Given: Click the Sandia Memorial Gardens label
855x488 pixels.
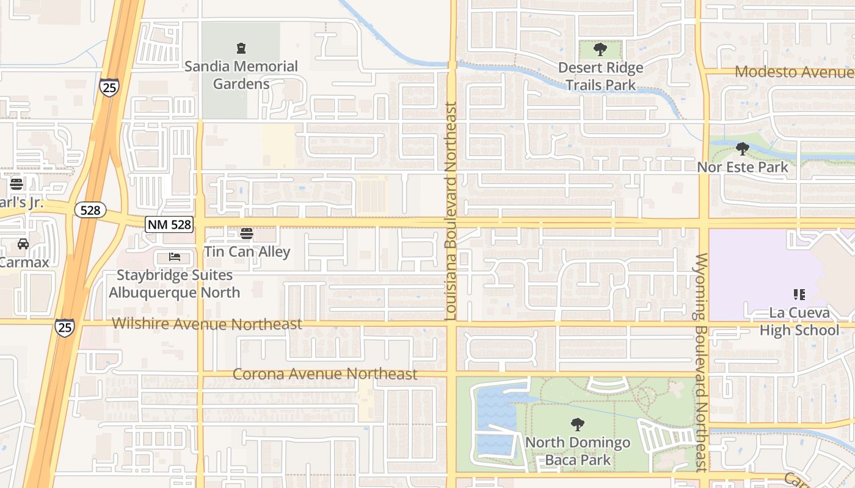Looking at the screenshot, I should (241, 75).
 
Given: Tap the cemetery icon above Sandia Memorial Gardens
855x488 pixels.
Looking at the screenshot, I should (241, 48).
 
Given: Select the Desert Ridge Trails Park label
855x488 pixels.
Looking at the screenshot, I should (600, 76).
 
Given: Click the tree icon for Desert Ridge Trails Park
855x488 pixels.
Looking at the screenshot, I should (600, 49).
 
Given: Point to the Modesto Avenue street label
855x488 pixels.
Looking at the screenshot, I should (794, 72).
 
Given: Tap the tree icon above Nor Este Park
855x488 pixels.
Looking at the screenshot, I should (742, 148).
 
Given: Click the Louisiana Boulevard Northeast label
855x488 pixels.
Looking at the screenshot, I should (451, 211).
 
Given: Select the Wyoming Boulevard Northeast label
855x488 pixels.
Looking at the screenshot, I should (701, 363).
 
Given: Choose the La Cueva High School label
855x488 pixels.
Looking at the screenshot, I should (799, 321).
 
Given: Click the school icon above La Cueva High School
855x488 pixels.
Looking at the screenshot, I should (799, 295).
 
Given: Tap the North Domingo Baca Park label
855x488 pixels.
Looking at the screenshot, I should (577, 451).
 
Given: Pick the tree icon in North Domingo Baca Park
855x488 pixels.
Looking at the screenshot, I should (577, 424).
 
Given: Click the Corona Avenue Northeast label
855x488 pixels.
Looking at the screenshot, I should (325, 374).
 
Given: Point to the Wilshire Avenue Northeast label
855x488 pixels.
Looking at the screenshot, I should (207, 324).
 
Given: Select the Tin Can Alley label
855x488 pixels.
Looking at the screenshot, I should (247, 251).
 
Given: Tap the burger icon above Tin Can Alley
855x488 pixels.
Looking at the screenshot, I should (247, 233).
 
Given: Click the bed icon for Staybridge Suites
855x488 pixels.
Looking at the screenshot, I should (175, 257).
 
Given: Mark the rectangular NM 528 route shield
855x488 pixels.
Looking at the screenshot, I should (169, 224).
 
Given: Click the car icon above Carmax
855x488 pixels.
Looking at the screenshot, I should (23, 244).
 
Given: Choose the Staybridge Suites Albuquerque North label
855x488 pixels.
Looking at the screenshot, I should (175, 284).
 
